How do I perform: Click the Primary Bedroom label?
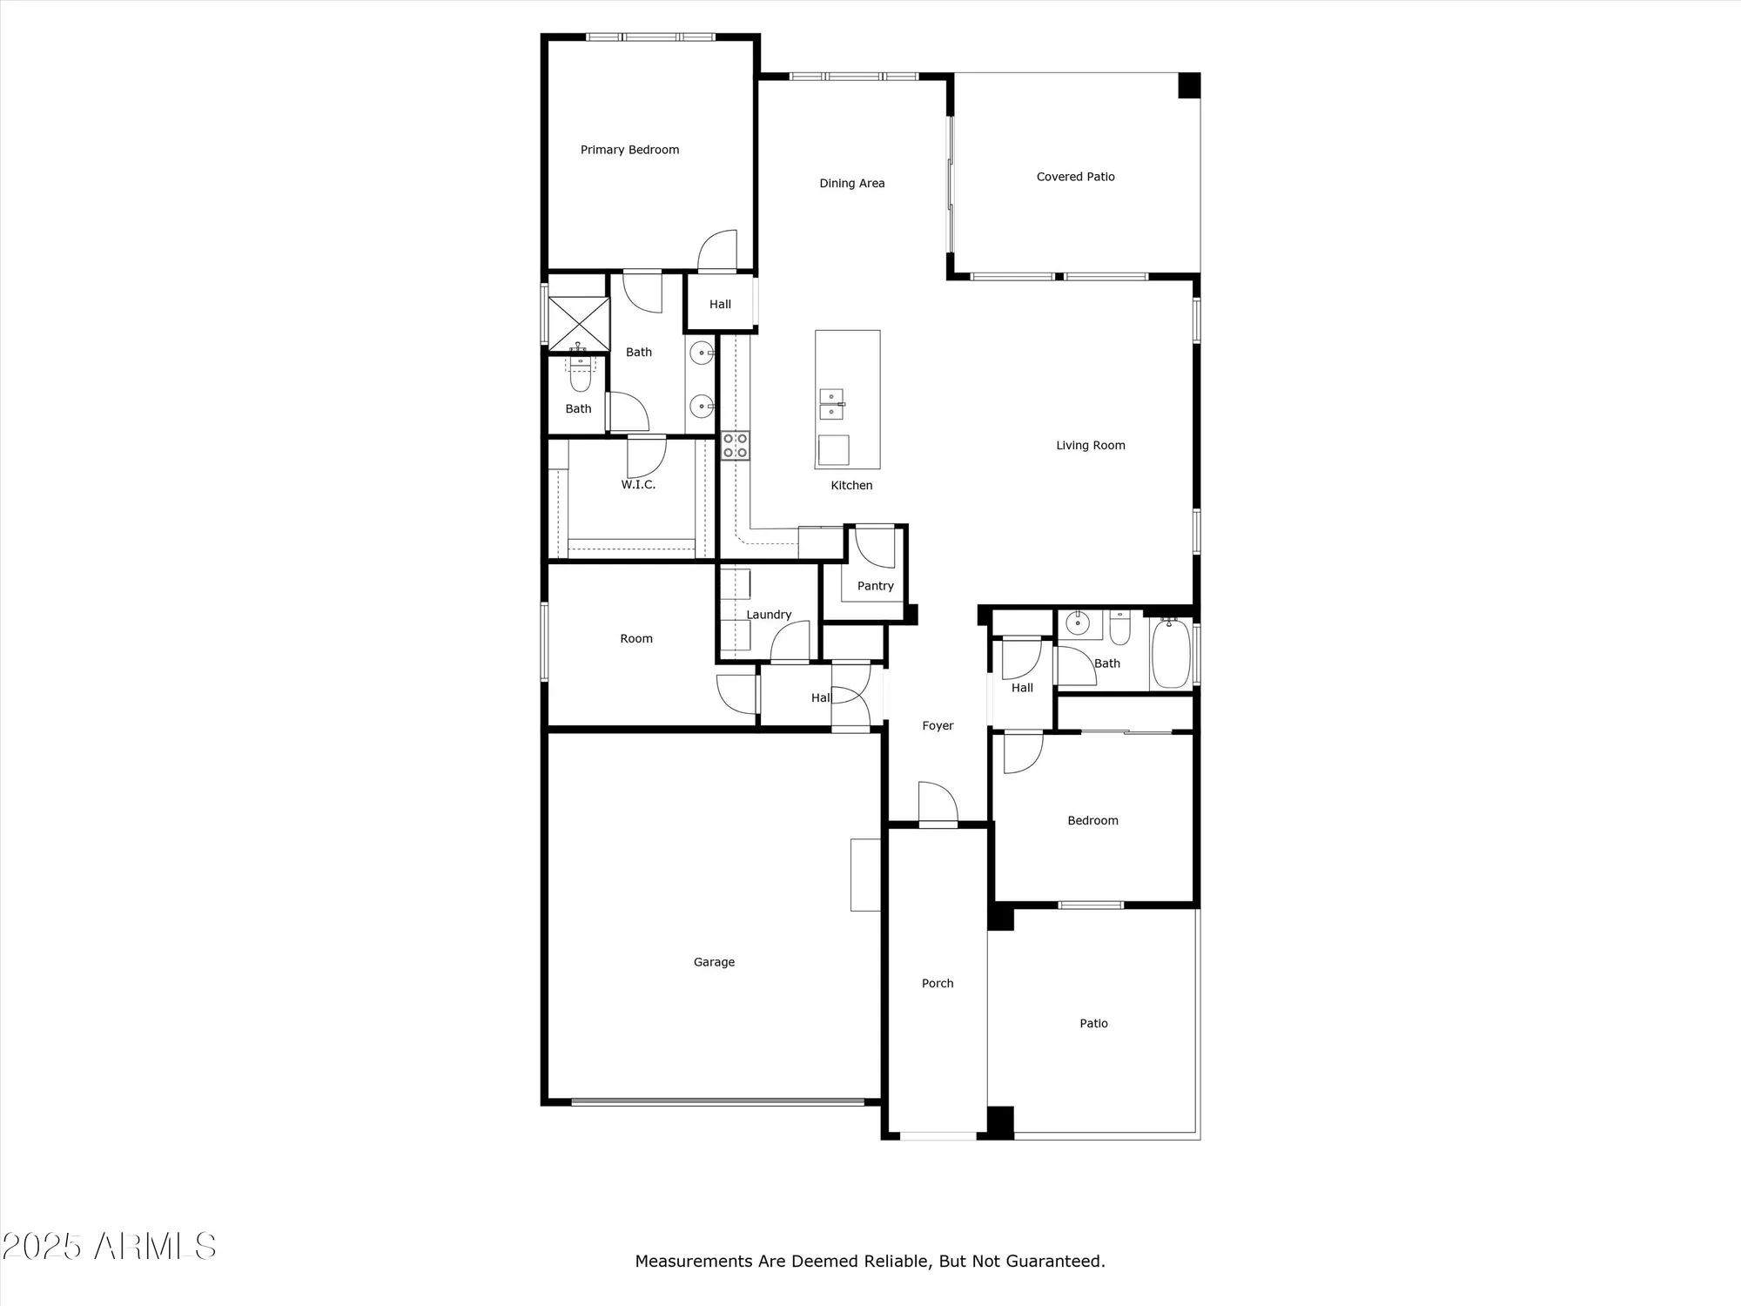pyautogui.click(x=629, y=150)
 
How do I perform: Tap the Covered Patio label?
pyautogui.click(x=1075, y=177)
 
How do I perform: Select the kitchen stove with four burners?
pyautogui.click(x=735, y=446)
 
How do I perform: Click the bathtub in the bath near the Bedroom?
pyautogui.click(x=1171, y=653)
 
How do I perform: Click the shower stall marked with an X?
pyautogui.click(x=578, y=324)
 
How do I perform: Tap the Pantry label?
pyautogui.click(x=875, y=586)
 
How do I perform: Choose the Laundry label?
pyautogui.click(x=769, y=615)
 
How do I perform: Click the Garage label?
pyautogui.click(x=714, y=962)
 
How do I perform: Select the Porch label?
pyautogui.click(x=938, y=983)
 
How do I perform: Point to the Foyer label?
pyautogui.click(x=938, y=725)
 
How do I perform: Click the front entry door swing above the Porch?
pyautogui.click(x=938, y=803)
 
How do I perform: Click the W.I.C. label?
pyautogui.click(x=638, y=485)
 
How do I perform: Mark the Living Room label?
pyautogui.click(x=1090, y=446)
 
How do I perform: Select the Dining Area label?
pyautogui.click(x=851, y=184)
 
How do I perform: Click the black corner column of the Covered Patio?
pyautogui.click(x=1188, y=85)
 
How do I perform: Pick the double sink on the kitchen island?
pyautogui.click(x=831, y=405)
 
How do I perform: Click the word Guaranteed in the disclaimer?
pyautogui.click(x=1054, y=1261)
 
